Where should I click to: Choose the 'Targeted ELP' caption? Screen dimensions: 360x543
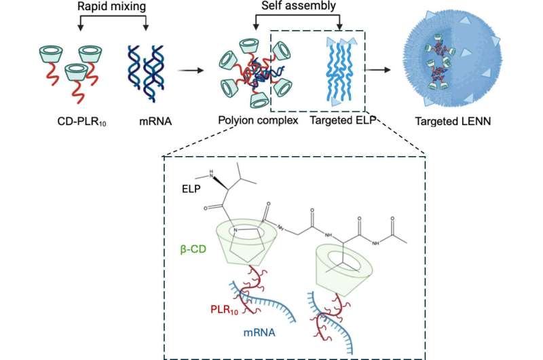click(x=337, y=123)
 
